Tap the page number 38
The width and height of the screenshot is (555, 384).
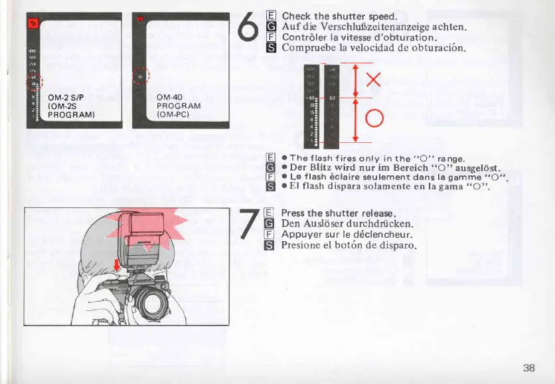pyautogui.click(x=528, y=368)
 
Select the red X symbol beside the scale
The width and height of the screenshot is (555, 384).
pyautogui.click(x=373, y=80)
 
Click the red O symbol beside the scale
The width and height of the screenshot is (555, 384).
pyautogui.click(x=374, y=119)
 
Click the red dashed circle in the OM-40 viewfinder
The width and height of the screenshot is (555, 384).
pyautogui.click(x=141, y=77)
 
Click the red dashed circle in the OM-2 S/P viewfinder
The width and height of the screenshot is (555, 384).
pyautogui.click(x=33, y=83)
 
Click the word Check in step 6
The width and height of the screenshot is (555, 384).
pyautogui.click(x=296, y=16)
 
